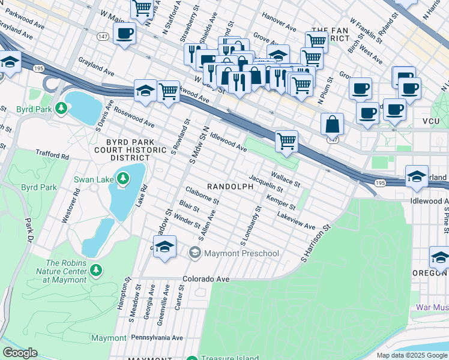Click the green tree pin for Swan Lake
coord(122,178)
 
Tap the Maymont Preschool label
coord(241,253)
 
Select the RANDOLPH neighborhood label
coord(230,187)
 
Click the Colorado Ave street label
coord(206,279)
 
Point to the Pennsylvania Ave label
coord(157,338)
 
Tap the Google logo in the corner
coord(20,353)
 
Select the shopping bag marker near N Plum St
coord(332,125)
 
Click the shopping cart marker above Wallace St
coord(287,142)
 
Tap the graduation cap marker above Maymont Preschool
coord(164,247)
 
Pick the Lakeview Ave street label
coord(296,220)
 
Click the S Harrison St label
coord(316,244)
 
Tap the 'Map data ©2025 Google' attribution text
coord(412,355)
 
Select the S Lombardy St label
coord(251,227)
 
